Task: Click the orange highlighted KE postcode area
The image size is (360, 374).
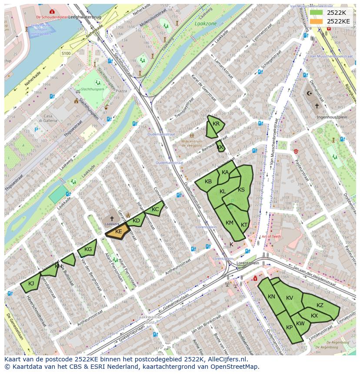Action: [118, 232]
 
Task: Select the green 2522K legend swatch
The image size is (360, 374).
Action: [317, 12]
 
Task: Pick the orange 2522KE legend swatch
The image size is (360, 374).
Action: [317, 21]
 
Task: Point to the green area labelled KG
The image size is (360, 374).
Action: [87, 249]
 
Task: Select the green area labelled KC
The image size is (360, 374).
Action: [155, 209]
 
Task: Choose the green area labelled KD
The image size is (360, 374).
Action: [137, 220]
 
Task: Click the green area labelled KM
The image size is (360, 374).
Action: [229, 223]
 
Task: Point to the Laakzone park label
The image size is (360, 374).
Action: [205, 24]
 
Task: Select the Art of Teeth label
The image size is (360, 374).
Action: [271, 236]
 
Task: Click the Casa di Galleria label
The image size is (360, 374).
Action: [45, 119]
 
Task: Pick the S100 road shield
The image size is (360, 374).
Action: [66, 53]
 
